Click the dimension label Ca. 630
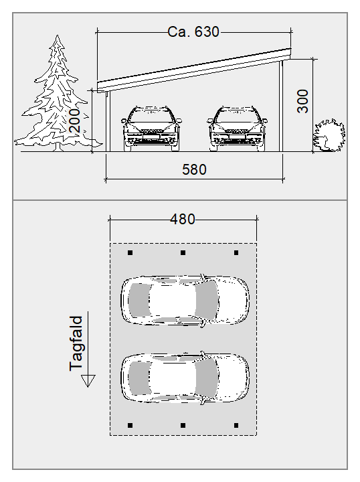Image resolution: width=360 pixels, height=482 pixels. coord(193,31)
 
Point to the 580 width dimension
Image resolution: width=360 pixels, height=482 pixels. coord(194,169)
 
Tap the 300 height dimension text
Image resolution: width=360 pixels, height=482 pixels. coord(302,101)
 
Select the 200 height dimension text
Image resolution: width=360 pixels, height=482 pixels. coord(74,120)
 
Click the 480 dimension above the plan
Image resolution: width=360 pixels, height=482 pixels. coord(183,219)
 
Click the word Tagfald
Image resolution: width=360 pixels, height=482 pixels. coord(76,343)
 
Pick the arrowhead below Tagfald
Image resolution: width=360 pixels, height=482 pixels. coord(88,380)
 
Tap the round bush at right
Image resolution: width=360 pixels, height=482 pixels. coord(329,135)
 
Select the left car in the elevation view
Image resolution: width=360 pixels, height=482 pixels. coord(151,129)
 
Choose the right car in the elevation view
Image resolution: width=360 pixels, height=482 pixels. coord(237,129)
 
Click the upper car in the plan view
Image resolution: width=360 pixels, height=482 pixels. coord(185,301)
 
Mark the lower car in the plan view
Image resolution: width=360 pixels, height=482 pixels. coord(185,378)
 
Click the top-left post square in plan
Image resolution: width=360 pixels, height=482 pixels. coord(130,252)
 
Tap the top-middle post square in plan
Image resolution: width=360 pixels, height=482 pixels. coord(183,252)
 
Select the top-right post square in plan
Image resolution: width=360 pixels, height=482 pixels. coord(236,252)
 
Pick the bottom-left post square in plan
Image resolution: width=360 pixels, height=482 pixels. coord(130,426)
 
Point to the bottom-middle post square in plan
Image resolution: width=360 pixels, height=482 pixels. coord(183,426)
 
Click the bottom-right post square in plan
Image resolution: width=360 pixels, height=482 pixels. coord(236,426)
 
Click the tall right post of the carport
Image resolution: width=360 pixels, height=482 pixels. coord(281,106)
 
